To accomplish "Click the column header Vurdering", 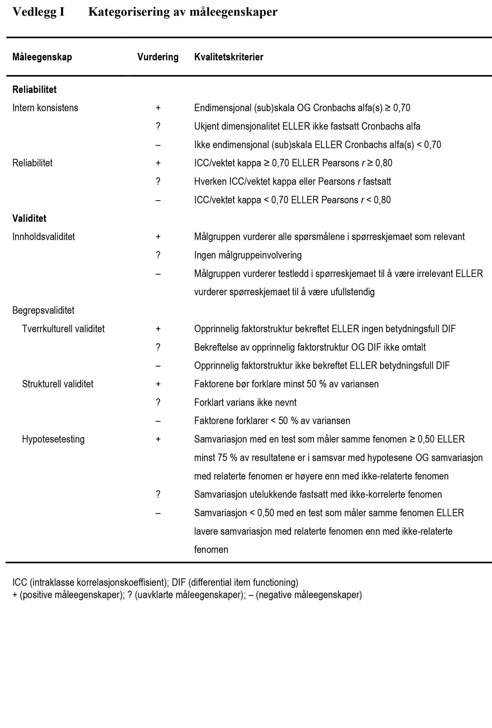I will [x=158, y=57].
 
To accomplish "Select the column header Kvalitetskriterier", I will [x=229, y=57].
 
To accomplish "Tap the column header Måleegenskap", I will [x=42, y=57].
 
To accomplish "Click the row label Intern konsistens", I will [x=45, y=108].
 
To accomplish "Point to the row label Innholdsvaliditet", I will [x=44, y=237].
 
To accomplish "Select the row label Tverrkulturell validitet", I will [x=63, y=329].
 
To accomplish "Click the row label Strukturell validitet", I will [x=58, y=384].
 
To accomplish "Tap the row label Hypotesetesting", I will [x=53, y=439].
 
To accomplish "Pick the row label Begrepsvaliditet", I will [x=43, y=310].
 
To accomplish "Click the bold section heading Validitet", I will [x=30, y=218].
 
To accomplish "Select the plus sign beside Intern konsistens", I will [x=158, y=108].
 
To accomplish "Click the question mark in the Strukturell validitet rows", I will [x=158, y=403].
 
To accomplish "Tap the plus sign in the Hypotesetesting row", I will [x=158, y=439].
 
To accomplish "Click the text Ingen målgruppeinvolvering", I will [x=248, y=255].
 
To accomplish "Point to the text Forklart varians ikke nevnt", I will [x=245, y=403].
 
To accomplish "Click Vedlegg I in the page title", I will [x=39, y=12].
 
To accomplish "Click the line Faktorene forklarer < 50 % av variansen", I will [x=272, y=421].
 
